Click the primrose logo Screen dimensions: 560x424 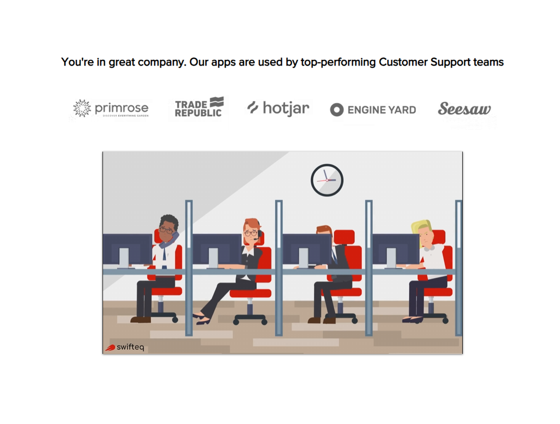pyautogui.click(x=111, y=108)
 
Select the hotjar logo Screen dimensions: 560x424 pyautogui.click(x=278, y=108)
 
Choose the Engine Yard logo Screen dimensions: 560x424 pyautogui.click(x=373, y=110)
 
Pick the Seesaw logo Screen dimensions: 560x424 pyautogui.click(x=464, y=108)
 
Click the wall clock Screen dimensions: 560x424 pyautogui.click(x=327, y=180)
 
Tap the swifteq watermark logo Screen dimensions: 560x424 pyautogui.click(x=124, y=347)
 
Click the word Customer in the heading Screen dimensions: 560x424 pyautogui.click(x=403, y=62)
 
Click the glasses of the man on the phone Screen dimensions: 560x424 pyautogui.click(x=166, y=231)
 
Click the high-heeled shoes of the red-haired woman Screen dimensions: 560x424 pyautogui.click(x=202, y=319)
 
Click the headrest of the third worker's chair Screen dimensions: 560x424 pyautogui.click(x=344, y=237)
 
